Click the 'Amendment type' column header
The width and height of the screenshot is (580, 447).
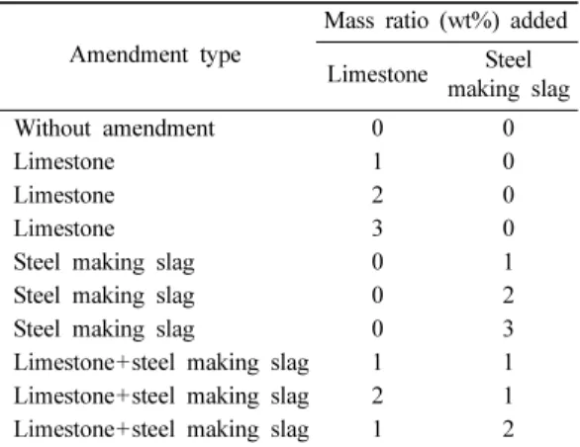point(155,56)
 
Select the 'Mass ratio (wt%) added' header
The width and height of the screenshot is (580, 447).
point(445,21)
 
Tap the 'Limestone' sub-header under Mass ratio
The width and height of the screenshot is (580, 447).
point(378,74)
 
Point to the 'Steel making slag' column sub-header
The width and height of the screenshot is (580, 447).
point(509,75)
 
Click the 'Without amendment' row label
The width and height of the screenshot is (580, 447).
point(114,129)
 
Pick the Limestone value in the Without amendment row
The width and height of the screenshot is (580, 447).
point(377,129)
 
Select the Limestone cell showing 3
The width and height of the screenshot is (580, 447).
point(377,228)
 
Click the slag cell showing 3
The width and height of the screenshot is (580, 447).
point(508,328)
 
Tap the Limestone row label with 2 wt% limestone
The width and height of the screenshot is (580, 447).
point(64,195)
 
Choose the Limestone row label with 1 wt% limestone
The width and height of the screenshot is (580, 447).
point(64,162)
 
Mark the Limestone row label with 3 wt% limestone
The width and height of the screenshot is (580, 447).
point(64,228)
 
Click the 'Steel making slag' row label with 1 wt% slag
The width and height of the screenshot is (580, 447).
point(104,263)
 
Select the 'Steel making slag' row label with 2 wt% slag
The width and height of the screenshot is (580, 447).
point(104,297)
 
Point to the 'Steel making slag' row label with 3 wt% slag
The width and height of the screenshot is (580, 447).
point(104,329)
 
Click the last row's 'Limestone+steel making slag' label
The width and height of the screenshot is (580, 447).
point(161,430)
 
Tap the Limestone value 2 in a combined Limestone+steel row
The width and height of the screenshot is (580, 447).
point(377,396)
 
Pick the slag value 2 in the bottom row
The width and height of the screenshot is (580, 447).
point(508,429)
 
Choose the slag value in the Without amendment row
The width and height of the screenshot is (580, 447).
point(508,129)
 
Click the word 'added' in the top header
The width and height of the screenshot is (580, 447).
point(539,20)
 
